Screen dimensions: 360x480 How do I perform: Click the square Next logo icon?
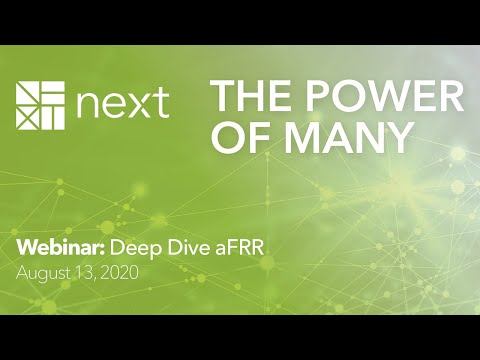pos(39,104)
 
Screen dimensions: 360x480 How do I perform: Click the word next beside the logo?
pos(120,105)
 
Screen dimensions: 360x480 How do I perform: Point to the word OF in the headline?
pos(236,138)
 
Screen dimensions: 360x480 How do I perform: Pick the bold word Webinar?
pos(53,247)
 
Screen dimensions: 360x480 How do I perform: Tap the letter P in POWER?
pos(311,97)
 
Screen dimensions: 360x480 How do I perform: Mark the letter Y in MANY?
pos(398,138)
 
